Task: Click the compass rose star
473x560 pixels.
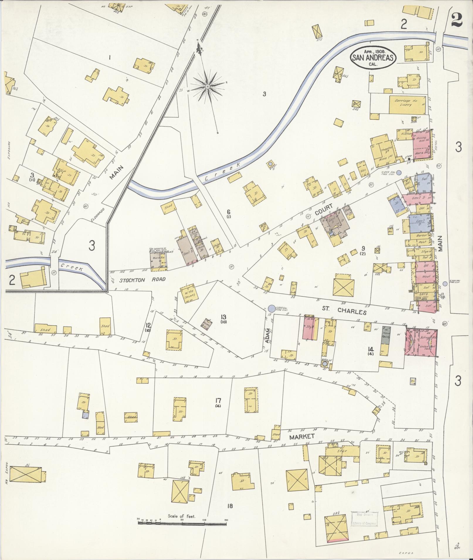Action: [x=207, y=86]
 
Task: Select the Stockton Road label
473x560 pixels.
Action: [x=143, y=280]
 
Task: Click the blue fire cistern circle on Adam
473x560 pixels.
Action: [x=272, y=308]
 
